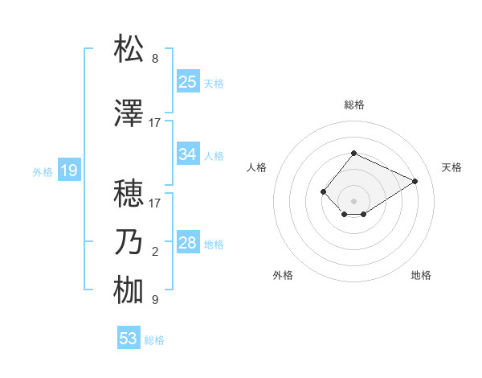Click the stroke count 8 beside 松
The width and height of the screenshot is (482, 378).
coord(155,59)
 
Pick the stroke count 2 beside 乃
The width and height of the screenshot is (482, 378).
coord(155,252)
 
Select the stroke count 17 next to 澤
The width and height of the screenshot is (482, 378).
coord(155,123)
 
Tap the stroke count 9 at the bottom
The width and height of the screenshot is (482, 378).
coord(155,300)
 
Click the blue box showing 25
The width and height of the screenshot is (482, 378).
coord(188,82)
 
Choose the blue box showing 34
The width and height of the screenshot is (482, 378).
coord(188,154)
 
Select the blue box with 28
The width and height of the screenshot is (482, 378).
coord(188,243)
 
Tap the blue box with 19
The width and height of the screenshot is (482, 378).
coord(68,171)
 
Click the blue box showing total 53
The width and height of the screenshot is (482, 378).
coord(129,339)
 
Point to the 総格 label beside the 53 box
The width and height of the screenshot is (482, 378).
coord(154,340)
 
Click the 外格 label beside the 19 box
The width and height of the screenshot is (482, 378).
coord(43,171)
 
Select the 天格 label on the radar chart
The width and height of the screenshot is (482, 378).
coord(451,167)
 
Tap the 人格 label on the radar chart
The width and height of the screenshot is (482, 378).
coord(256,167)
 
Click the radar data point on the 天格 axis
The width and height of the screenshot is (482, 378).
coord(415,180)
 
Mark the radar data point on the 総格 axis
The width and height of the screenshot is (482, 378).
coord(353,153)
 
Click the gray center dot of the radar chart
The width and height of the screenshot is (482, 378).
coord(353,200)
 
